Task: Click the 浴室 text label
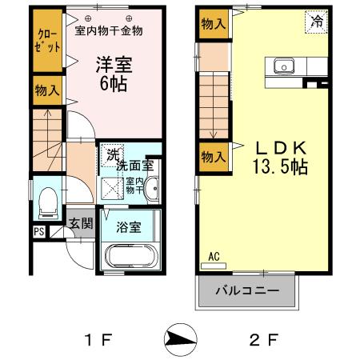[130, 227]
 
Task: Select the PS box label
[39, 232]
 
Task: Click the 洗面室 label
[134, 166]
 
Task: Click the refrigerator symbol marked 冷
[317, 22]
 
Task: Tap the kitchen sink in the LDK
[284, 66]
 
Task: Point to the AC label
[214, 256]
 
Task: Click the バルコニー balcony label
[247, 291]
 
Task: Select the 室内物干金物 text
[109, 32]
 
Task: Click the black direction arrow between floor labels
[178, 339]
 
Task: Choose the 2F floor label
[259, 340]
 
